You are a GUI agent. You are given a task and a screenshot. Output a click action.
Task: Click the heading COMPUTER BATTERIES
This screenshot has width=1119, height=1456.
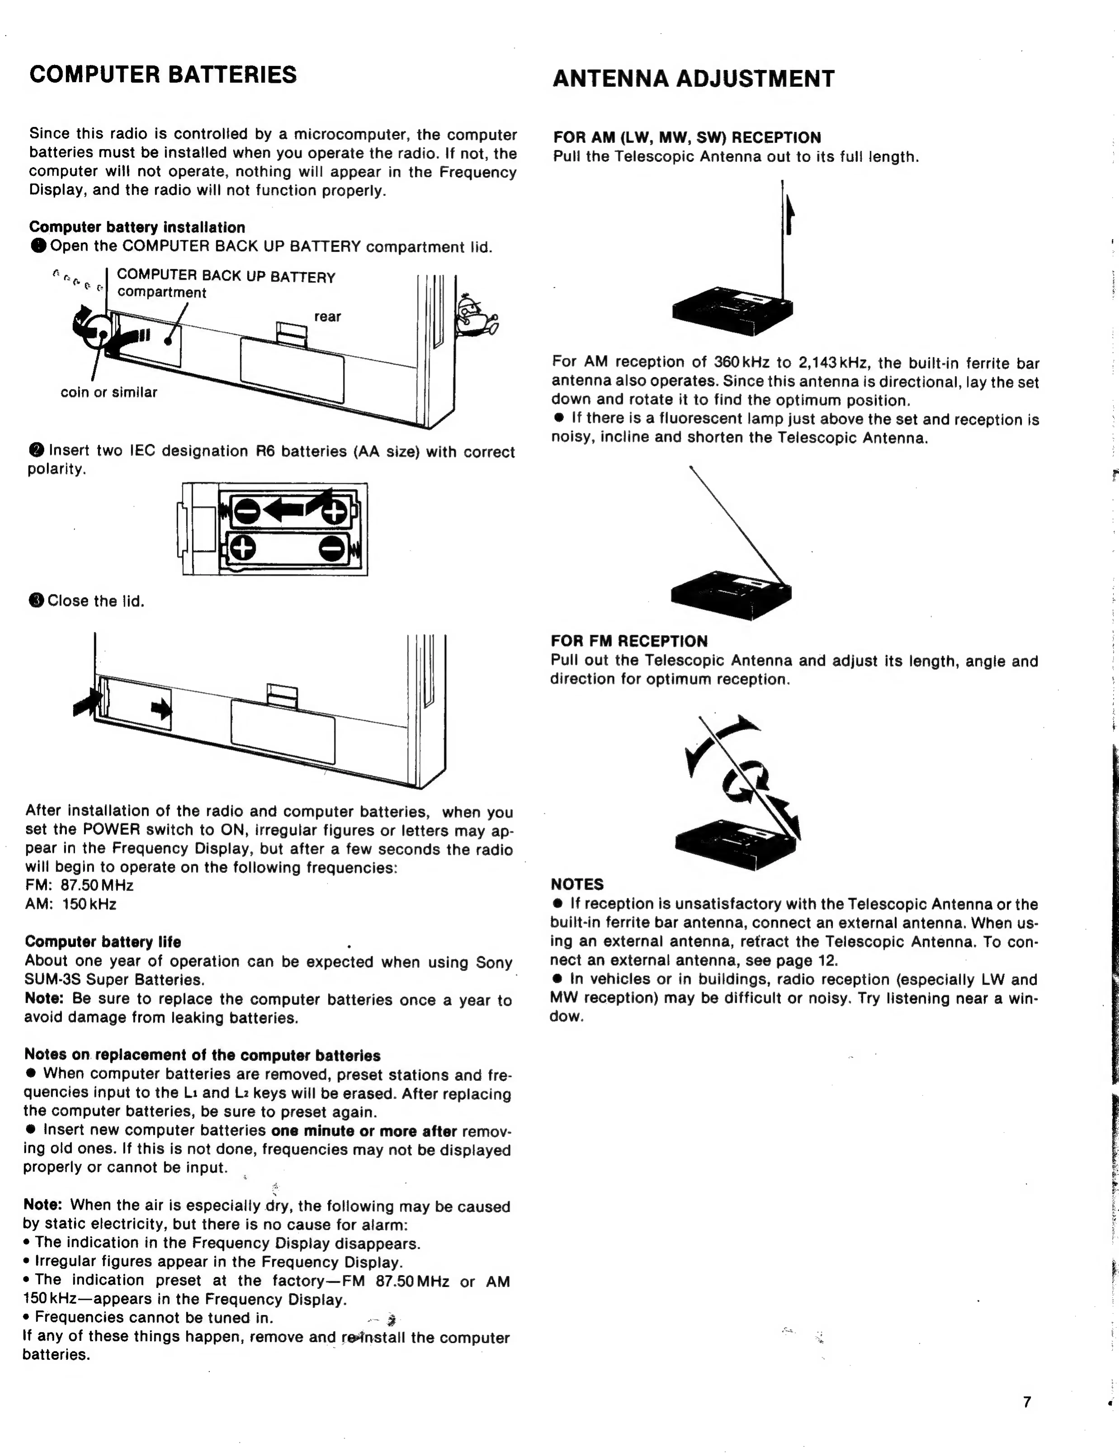point(163,75)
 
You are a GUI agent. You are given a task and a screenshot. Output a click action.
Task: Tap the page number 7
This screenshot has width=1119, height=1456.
point(1026,1401)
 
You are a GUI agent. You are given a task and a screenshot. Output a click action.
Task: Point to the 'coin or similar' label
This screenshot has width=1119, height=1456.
point(109,392)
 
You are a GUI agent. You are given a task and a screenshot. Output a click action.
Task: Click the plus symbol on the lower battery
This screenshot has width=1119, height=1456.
point(244,548)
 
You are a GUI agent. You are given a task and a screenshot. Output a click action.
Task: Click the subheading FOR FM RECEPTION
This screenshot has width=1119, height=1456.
point(629,641)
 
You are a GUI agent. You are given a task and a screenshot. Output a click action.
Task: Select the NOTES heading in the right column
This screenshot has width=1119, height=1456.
point(577,884)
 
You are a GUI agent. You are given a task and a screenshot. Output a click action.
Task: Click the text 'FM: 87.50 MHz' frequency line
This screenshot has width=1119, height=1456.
point(79,885)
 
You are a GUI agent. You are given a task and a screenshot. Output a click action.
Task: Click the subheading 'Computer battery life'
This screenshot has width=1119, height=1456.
point(103,942)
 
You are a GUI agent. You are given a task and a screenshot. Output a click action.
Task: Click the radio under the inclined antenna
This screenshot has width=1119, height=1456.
point(731,593)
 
